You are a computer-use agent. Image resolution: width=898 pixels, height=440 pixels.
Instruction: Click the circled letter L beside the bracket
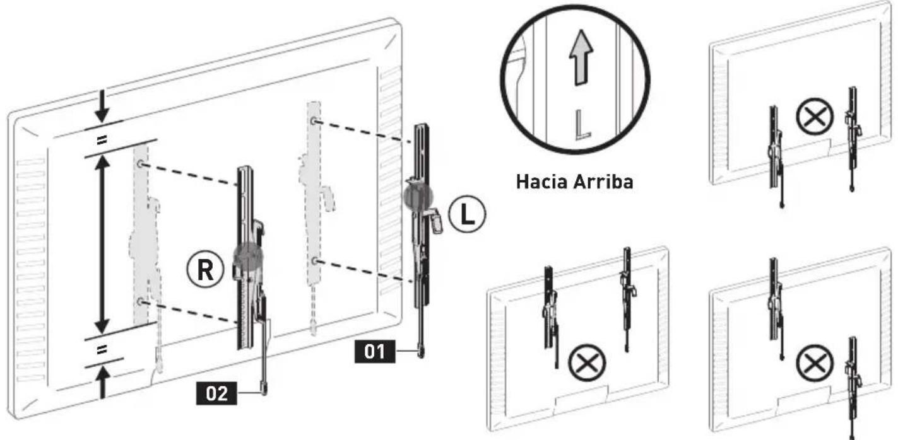[466, 214]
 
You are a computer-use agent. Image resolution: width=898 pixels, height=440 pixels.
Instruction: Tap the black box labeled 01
[375, 352]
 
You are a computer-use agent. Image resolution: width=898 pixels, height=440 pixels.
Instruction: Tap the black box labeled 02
[216, 393]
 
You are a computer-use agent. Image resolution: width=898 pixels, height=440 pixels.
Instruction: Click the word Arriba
[603, 182]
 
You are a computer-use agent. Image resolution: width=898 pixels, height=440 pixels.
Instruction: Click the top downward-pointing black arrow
[102, 106]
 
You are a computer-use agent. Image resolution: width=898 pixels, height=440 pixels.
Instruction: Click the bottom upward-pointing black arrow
[103, 383]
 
